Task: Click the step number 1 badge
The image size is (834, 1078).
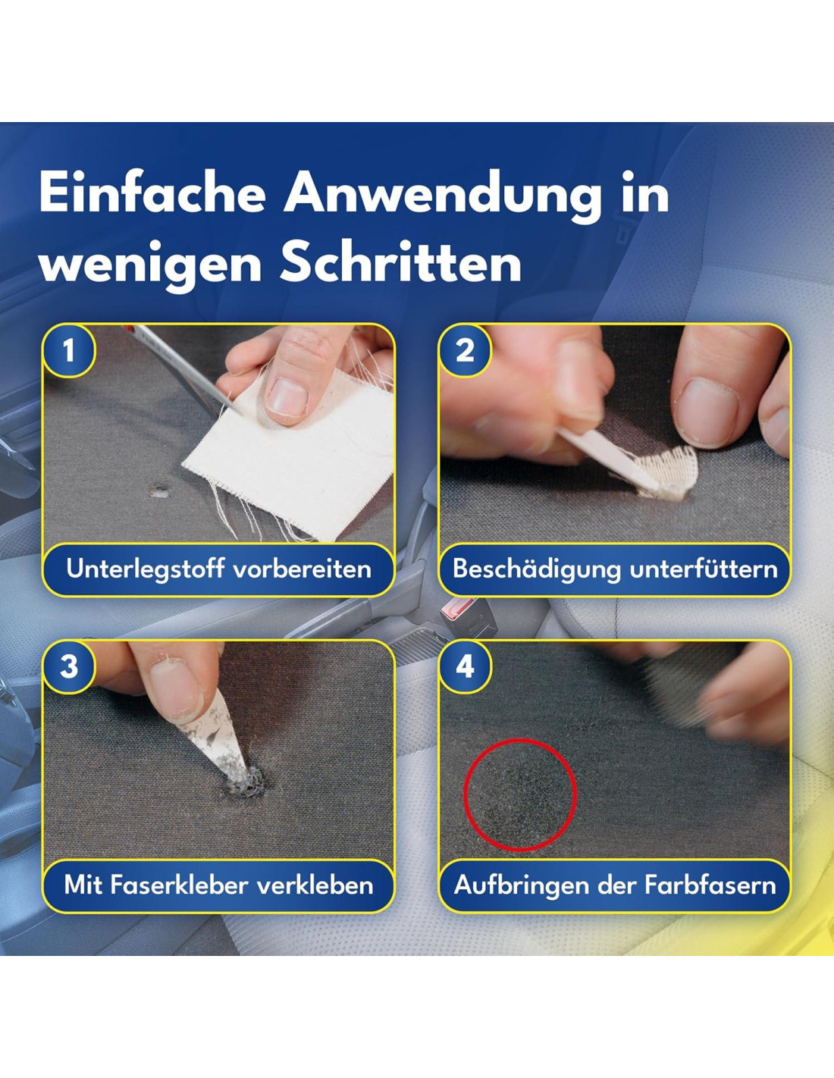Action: coord(69,351)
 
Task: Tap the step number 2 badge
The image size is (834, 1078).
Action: coord(464,351)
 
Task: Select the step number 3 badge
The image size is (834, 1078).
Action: coord(69,667)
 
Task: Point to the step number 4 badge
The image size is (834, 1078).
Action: coord(464,667)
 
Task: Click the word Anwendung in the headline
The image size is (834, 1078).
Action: coord(443,196)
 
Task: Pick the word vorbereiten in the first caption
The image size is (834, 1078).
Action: coord(303,569)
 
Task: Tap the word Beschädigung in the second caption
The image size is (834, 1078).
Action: coord(537,569)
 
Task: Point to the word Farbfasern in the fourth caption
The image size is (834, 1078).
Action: coord(710,885)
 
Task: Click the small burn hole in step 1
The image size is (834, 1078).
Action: coord(158,492)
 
